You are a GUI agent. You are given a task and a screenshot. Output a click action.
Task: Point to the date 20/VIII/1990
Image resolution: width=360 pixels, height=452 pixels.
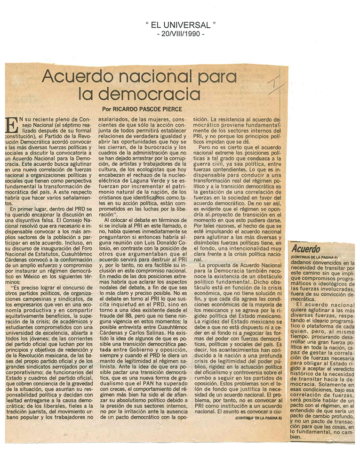click(x=180, y=34)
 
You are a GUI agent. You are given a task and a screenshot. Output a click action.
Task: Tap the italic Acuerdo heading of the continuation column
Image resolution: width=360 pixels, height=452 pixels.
click(x=305, y=248)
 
